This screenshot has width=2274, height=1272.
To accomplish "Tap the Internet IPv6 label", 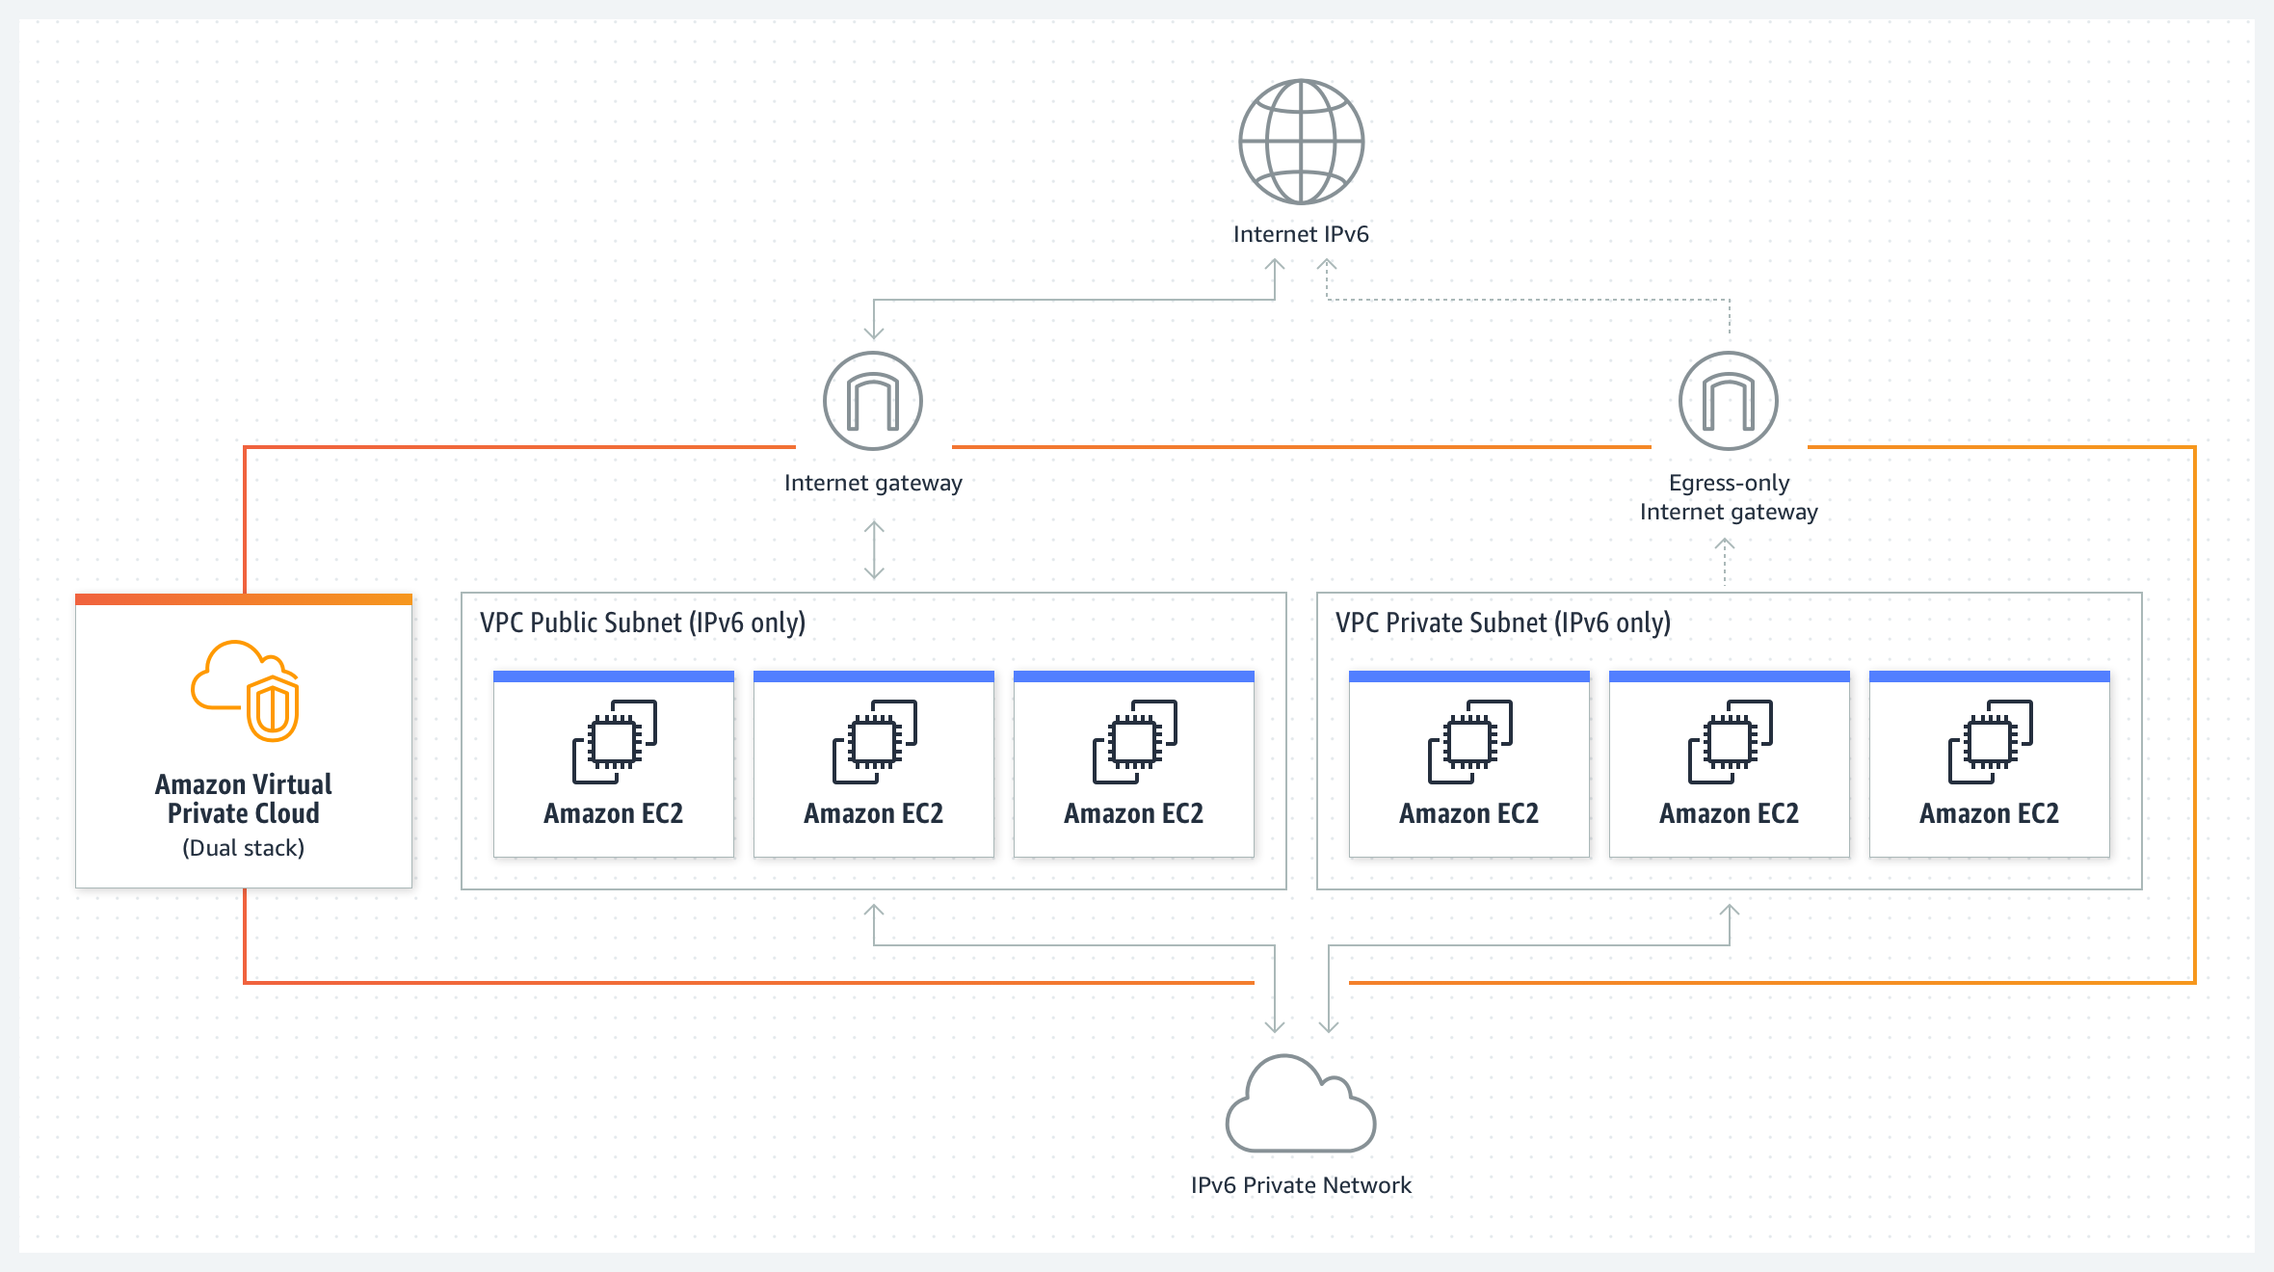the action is coord(1301,234).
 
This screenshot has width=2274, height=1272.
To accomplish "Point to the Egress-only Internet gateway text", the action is coord(1729,497).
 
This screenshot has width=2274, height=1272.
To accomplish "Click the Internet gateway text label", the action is coord(873,483).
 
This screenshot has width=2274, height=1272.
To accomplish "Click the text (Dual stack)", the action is coord(244,848).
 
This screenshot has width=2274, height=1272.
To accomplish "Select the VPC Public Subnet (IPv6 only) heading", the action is coord(643,623).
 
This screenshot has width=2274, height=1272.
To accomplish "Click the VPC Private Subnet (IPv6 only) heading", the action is coord(1503,623).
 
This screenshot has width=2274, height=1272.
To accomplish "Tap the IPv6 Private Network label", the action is coord(1301,1185).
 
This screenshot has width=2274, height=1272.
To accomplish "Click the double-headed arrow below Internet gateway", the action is coord(874,550).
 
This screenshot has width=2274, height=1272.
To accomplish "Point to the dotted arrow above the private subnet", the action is coord(1725,562).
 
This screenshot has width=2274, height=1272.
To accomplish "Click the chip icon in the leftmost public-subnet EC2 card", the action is coord(615,742).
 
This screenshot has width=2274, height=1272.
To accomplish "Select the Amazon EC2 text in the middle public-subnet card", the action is coord(874,814).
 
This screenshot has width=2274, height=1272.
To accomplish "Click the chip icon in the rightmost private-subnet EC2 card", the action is coord(1991,742).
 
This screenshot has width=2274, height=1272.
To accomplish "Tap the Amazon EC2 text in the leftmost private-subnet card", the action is coord(1469,814).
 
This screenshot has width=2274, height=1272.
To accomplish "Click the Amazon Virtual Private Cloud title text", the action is coord(244,799).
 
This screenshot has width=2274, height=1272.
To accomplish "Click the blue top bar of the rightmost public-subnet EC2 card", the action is coord(1134,676).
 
